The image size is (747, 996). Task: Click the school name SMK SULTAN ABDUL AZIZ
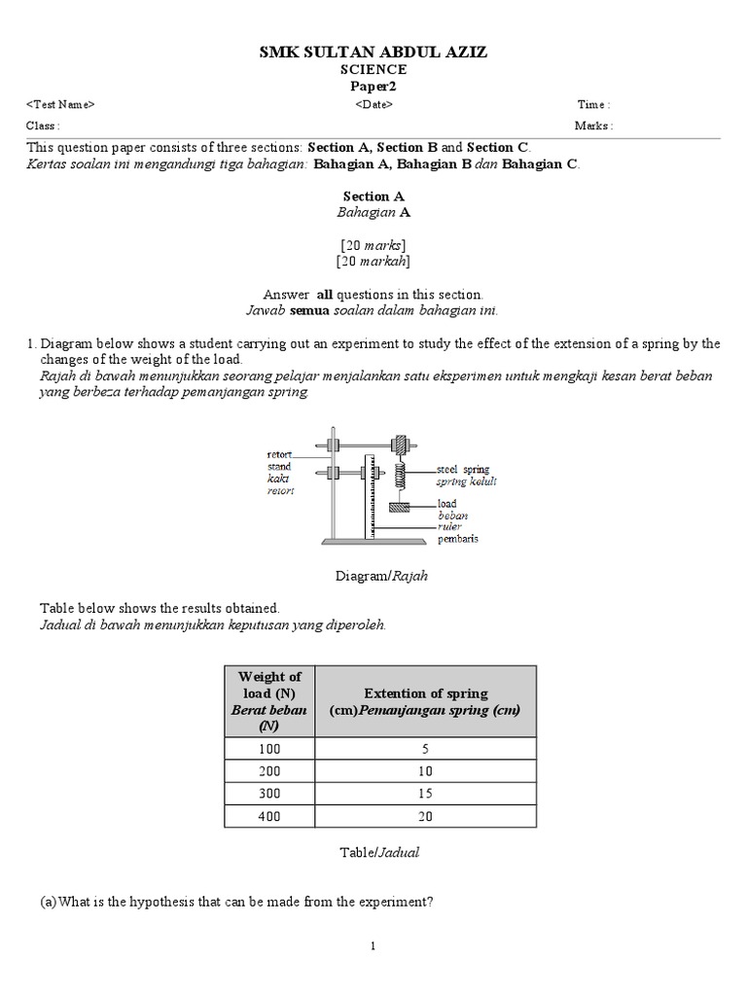pos(373,52)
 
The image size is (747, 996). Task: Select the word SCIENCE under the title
pos(373,70)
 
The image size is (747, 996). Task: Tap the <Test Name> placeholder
pos(60,105)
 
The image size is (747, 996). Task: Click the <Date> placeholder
pos(373,105)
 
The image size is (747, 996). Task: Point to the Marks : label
pos(593,125)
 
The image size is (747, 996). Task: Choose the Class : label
pos(43,125)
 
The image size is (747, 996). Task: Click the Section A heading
pos(373,196)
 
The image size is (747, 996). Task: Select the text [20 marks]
pos(373,244)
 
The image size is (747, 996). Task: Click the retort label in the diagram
pos(281,454)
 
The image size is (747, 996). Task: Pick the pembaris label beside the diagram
pos(457,538)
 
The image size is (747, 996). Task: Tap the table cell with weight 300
pos(269,794)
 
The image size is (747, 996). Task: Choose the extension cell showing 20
pos(426,816)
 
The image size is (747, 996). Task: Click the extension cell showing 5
pos(426,749)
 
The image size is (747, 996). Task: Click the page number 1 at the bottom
pos(373,946)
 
